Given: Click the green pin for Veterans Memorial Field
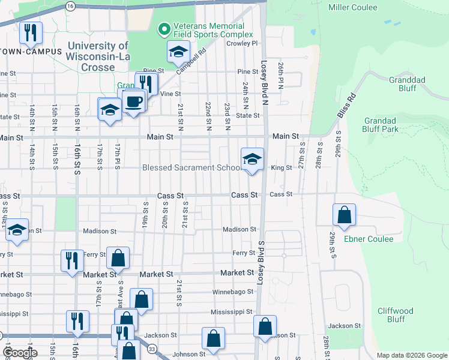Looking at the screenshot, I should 163,29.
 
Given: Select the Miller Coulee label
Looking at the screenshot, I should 353,7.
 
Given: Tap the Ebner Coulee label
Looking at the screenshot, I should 369,239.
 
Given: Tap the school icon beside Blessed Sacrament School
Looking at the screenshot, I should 252,159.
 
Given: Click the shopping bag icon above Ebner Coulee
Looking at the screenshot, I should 345,215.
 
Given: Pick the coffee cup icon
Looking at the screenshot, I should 133,101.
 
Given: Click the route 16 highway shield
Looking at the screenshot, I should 70,5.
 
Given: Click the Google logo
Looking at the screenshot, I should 20,353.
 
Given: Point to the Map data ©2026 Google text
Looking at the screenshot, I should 411,355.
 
